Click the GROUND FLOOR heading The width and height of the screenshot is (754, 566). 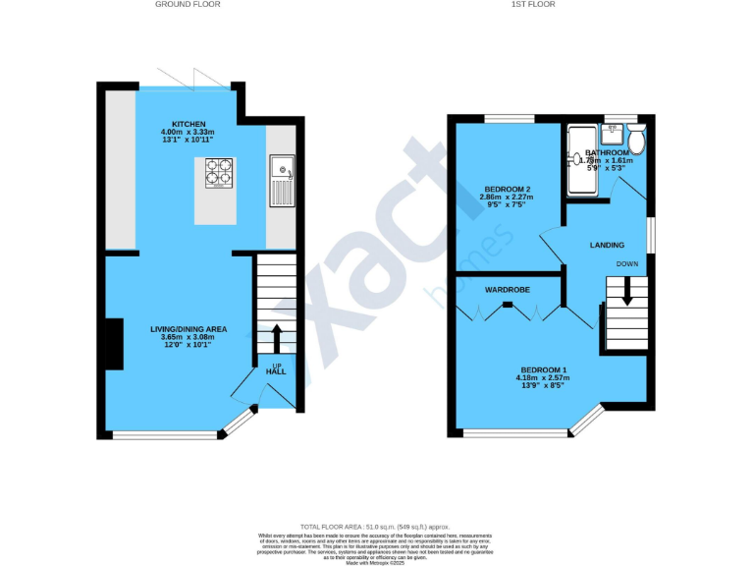[188, 5]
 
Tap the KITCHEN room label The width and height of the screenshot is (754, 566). [189, 124]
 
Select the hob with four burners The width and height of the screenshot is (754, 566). [218, 173]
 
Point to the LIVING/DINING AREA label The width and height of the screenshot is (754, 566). [188, 328]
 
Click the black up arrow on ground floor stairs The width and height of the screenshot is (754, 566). [276, 338]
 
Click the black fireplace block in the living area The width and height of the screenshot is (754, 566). [113, 343]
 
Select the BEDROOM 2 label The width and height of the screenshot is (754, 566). [508, 189]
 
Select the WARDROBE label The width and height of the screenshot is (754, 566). [508, 291]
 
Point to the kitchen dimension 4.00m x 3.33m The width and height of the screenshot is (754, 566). [189, 133]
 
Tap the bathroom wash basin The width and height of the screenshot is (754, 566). [572, 164]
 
